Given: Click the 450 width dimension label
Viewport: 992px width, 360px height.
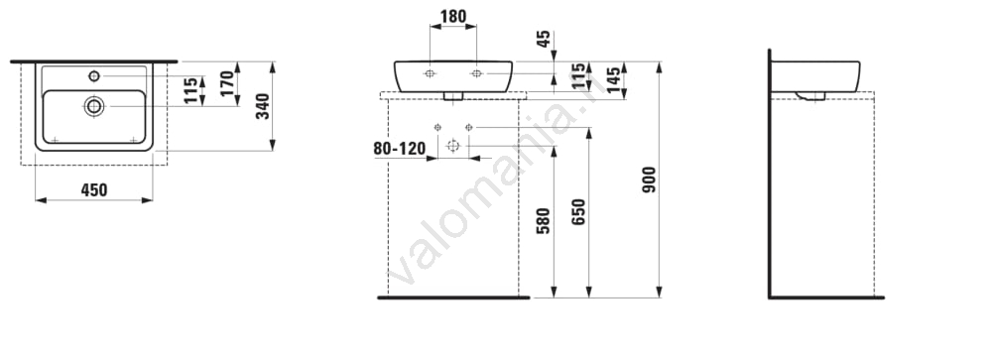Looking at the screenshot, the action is (94, 189).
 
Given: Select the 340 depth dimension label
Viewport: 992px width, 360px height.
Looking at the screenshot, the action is (263, 106).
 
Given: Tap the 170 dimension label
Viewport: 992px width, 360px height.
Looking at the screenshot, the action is (227, 83).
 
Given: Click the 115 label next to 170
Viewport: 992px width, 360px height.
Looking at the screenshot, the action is (191, 90).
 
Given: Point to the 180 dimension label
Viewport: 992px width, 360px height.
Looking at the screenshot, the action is (453, 17).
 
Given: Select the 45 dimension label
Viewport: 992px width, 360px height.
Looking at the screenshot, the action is (543, 40).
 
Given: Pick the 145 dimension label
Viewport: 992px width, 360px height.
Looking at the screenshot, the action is (614, 79).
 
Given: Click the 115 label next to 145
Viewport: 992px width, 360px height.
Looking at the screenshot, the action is (578, 76).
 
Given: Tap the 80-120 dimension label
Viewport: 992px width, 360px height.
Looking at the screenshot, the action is (399, 149).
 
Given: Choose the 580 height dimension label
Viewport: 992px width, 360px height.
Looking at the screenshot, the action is (543, 221).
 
